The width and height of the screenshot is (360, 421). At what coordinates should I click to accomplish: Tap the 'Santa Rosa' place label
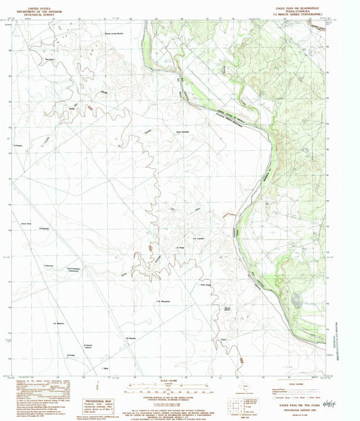point(27,222)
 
